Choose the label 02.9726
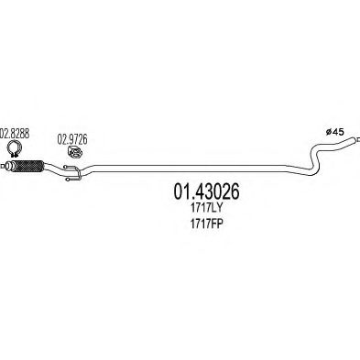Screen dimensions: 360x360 click(x=74, y=138)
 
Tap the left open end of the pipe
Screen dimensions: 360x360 click(x=8, y=169)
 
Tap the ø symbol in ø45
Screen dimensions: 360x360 click(x=330, y=132)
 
